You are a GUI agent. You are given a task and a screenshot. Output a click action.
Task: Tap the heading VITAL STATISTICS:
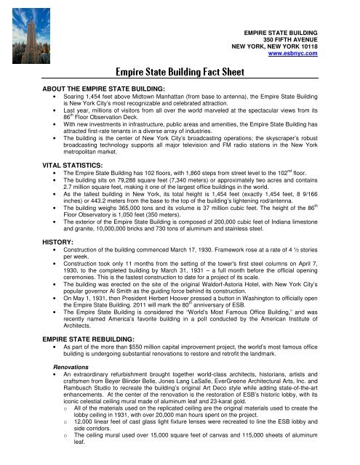[x=46, y=166]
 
